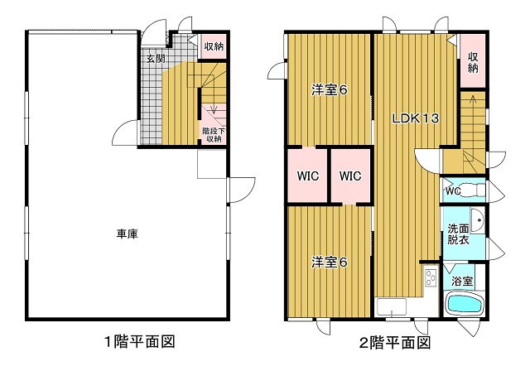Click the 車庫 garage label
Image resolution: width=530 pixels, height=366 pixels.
pos(128,234)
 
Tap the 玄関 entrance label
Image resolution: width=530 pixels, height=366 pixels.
pos(156,59)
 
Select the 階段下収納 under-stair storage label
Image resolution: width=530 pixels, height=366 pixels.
pos(214,134)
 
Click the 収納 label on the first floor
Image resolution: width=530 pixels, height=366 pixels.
pos(214,46)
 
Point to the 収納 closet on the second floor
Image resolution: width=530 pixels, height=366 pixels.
pos(473,61)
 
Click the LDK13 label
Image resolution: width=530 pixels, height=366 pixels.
pos(416,118)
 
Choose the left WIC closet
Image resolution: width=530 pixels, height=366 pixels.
pos(307,176)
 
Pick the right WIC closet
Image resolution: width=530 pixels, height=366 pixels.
pos(350,176)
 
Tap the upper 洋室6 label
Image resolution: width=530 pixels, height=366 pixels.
pos(330,90)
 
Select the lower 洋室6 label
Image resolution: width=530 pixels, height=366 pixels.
pos(330,262)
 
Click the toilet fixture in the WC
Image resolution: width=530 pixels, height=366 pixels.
pos(473,190)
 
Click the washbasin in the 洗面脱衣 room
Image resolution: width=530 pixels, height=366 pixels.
pos(478,220)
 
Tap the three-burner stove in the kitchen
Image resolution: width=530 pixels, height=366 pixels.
pos(431,277)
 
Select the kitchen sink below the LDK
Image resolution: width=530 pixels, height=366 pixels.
pos(392,307)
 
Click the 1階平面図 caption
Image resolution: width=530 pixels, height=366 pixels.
pos(140,342)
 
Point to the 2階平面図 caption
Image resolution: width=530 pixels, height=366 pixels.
pos(395,343)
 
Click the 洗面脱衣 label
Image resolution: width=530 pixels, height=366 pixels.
pos(458,234)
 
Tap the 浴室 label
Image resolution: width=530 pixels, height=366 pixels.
pos(462,281)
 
